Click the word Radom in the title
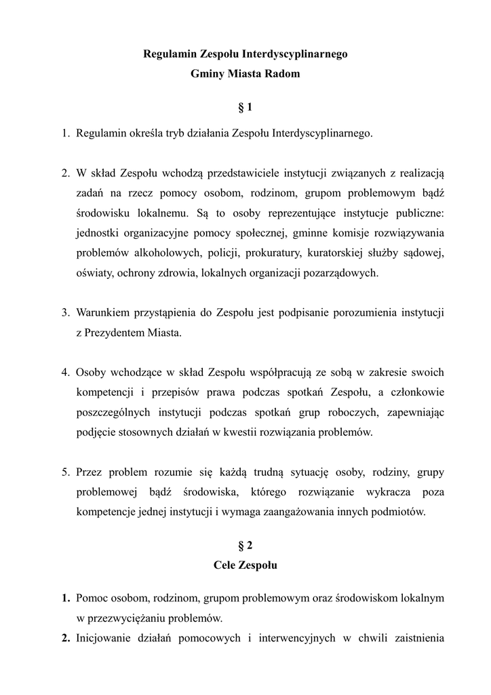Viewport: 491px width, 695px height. tap(281, 74)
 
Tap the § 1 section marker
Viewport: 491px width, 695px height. tap(245, 107)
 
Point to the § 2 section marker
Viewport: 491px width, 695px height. tap(245, 545)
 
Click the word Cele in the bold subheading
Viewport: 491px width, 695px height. tap(225, 564)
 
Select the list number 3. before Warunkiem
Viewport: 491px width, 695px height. tap(66, 313)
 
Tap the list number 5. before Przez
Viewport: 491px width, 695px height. tap(66, 471)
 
